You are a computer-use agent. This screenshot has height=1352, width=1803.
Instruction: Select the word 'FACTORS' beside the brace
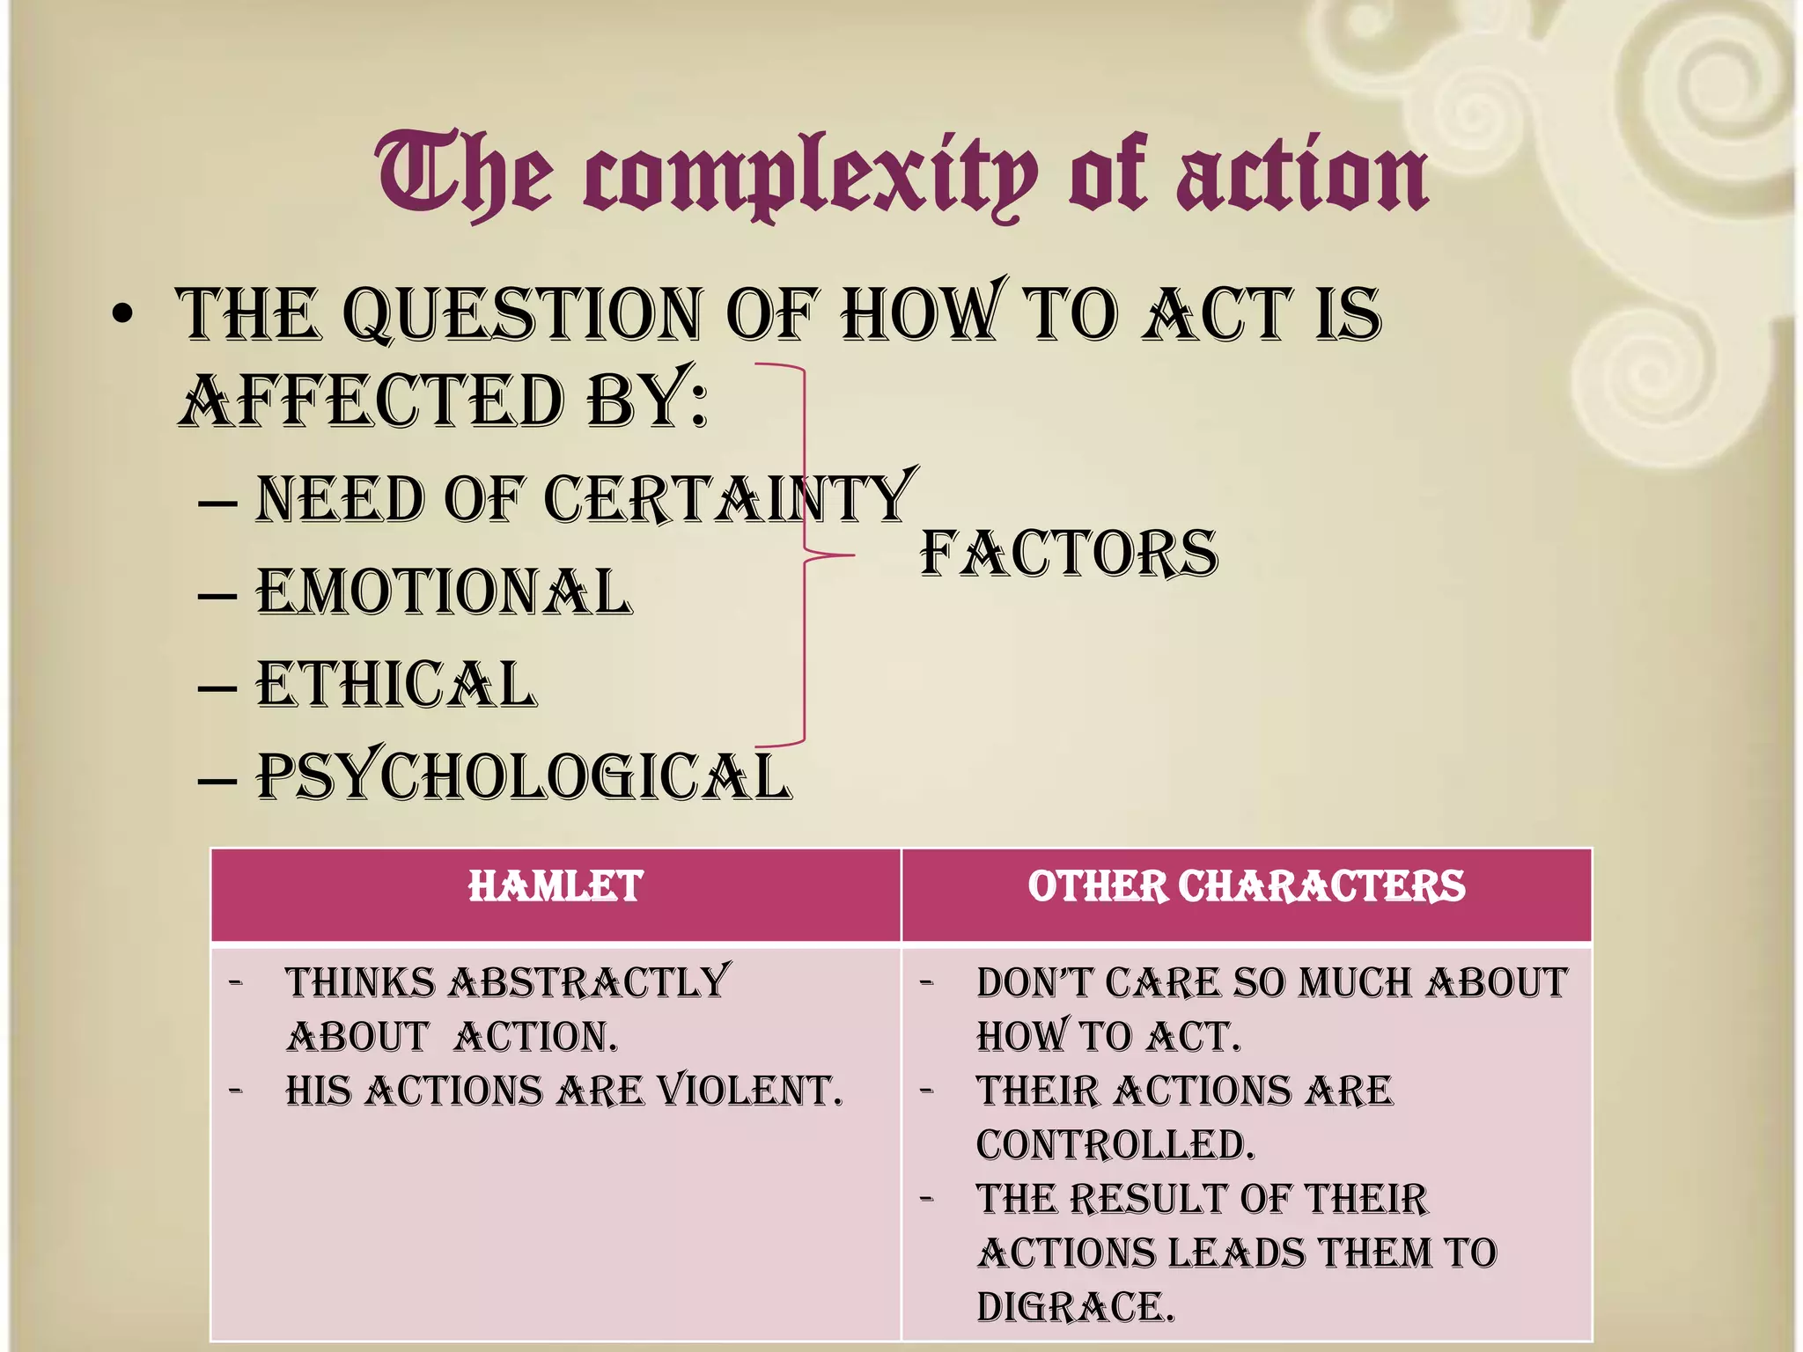click(x=1069, y=555)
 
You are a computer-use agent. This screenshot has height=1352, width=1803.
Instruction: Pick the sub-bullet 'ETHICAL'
click(x=396, y=685)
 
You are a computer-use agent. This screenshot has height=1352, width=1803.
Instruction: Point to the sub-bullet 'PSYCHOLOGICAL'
click(x=524, y=777)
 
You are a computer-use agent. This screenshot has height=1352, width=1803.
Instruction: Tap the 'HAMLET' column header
click(x=556, y=887)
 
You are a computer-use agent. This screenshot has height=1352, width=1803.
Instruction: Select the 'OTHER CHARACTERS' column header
click(x=1247, y=887)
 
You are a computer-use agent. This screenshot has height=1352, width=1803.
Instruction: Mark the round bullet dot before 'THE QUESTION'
click(x=123, y=315)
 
